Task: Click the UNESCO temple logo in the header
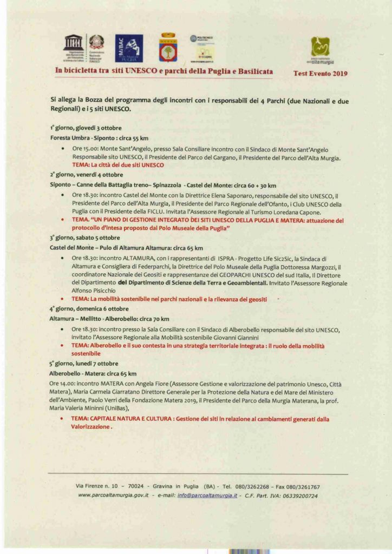click(x=73, y=42)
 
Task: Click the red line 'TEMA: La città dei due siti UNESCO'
click(x=118, y=164)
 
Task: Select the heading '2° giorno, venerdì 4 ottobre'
click(x=87, y=175)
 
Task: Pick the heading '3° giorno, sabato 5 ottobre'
click(x=85, y=238)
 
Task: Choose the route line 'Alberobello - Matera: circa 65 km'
click(x=93, y=373)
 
